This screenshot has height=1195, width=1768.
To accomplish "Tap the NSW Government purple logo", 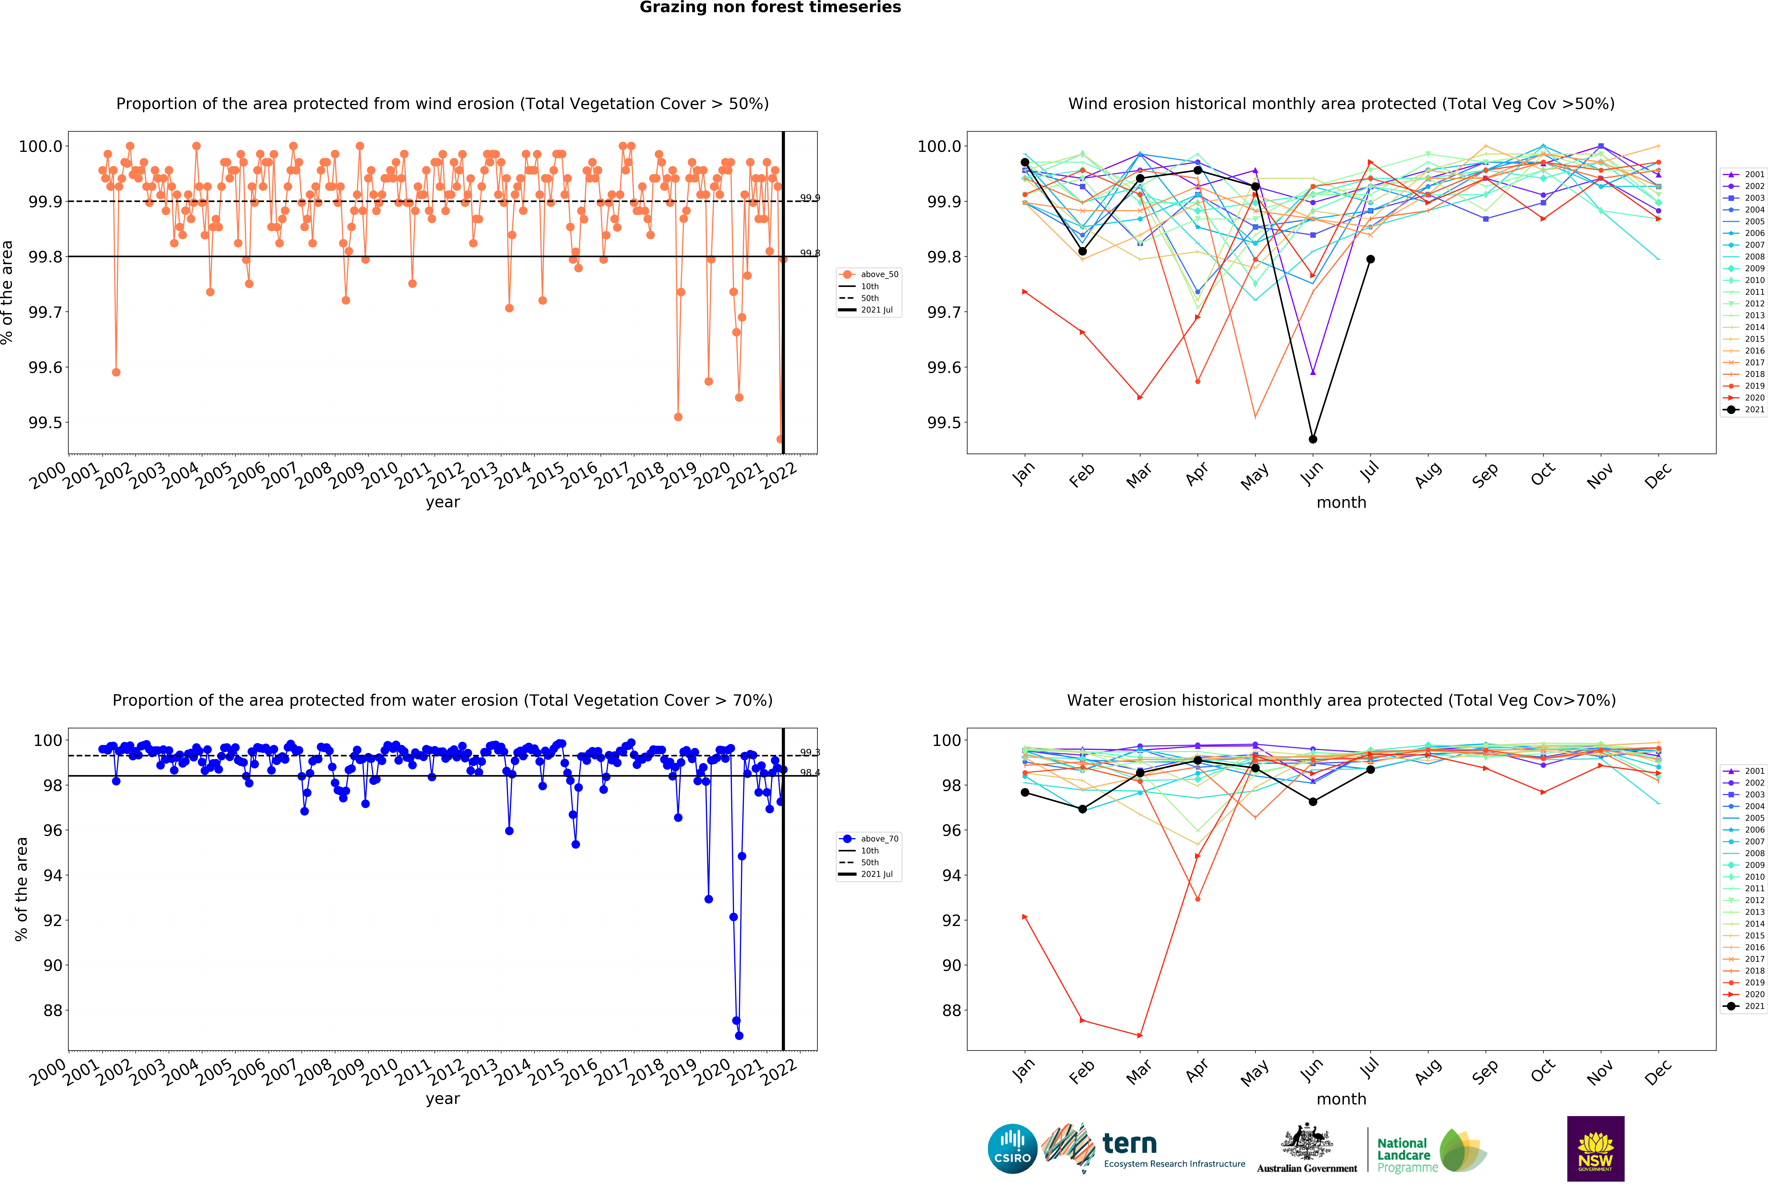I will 1595,1149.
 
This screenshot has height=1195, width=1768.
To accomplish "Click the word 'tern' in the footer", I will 1130,1143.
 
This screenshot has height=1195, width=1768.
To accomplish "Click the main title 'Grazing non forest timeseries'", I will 770,8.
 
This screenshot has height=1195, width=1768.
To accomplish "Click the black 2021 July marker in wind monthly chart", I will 1370,259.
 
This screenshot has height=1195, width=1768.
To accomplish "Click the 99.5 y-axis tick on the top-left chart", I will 45,423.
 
